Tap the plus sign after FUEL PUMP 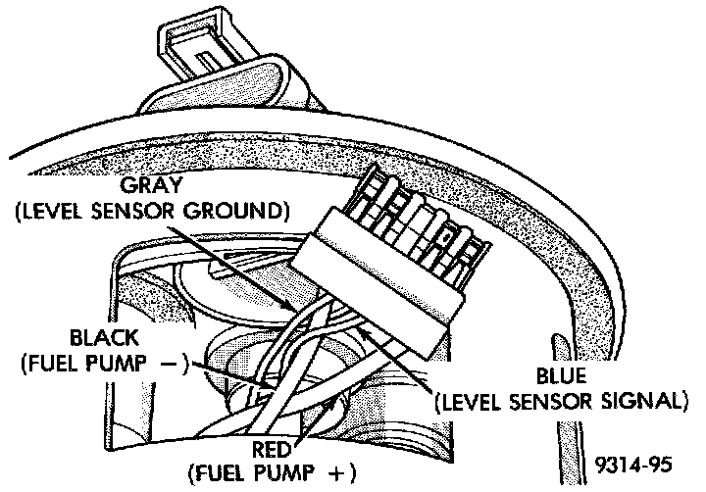click(340, 474)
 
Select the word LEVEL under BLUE click(474, 400)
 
